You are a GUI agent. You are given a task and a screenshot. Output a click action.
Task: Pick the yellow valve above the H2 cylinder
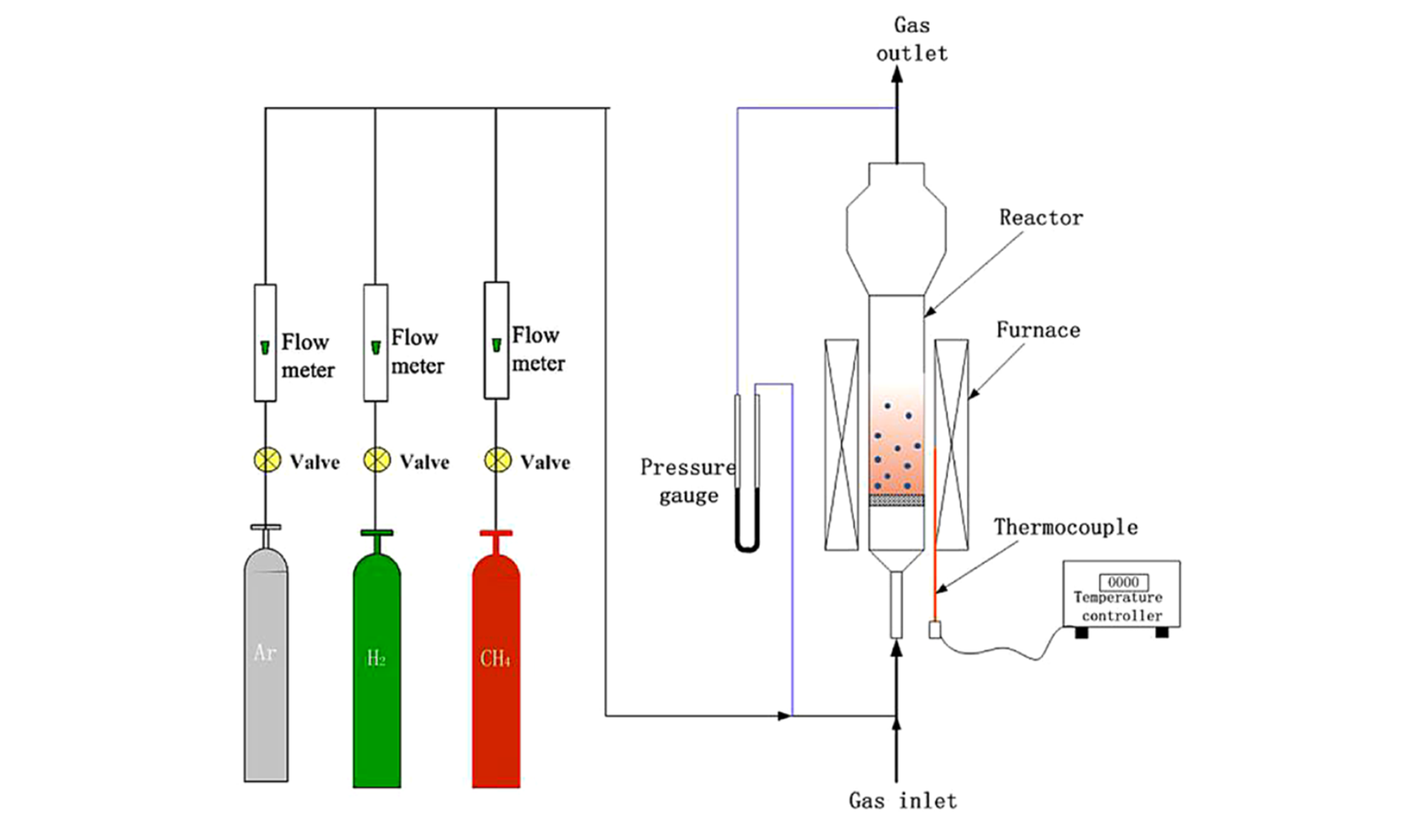coord(377,460)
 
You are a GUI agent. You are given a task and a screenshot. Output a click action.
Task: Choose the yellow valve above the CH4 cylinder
coord(498,460)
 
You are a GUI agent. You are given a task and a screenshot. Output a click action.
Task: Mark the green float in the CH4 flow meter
coord(496,344)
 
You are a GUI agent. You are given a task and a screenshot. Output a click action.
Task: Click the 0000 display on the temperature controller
coord(1123,582)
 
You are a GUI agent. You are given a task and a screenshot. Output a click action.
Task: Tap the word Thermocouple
coord(1066,527)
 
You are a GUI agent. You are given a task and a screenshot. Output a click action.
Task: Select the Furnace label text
coord(1037,330)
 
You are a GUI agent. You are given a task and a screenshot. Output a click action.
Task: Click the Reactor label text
coord(1041,218)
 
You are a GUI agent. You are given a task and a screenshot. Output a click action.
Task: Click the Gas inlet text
coord(902,800)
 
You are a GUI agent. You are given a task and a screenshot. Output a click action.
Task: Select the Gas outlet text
coord(912,39)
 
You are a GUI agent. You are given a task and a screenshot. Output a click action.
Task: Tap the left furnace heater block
coord(841,444)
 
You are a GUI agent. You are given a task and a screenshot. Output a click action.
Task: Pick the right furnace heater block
coord(951,444)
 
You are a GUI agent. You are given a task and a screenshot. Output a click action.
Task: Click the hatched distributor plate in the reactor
coord(896,500)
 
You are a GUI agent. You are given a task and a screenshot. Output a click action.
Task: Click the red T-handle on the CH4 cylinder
coord(496,533)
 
